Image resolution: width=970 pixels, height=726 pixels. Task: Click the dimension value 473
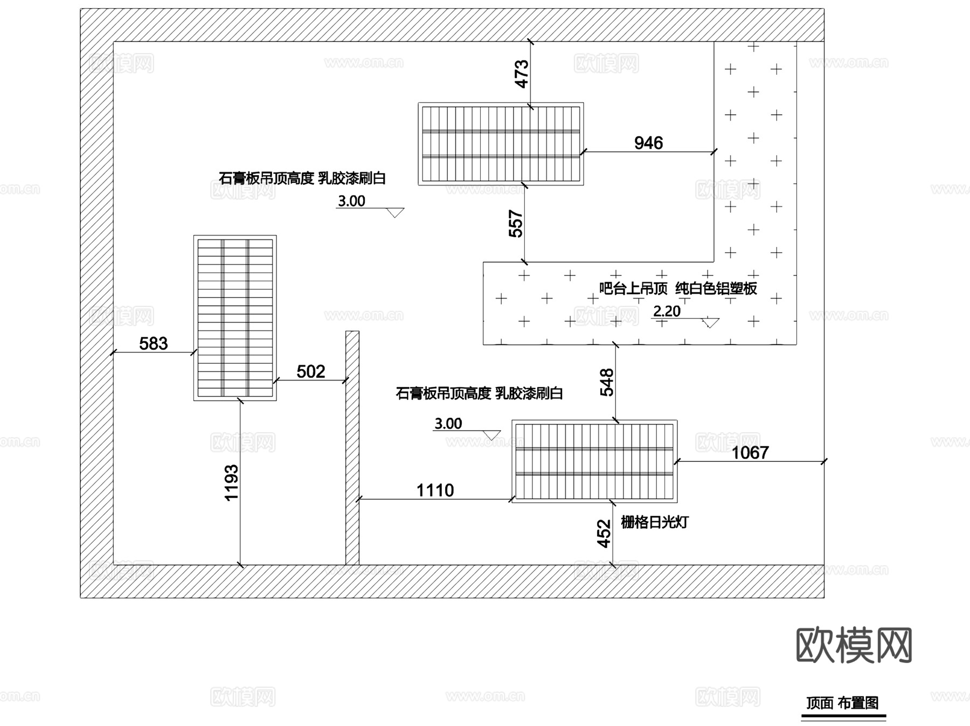coord(521,74)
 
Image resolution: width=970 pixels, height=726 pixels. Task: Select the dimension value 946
coord(648,143)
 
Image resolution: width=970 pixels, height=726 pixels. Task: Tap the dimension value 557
coord(516,224)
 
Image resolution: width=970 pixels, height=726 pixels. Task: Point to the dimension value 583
coord(153,343)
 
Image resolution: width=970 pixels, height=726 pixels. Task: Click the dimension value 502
coord(310,371)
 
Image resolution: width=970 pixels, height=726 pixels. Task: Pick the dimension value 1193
coord(231,483)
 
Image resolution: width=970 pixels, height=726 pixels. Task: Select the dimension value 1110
coord(435,490)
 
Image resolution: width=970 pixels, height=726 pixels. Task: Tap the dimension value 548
coord(607,382)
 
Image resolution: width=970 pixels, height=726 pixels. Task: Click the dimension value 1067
coord(750,453)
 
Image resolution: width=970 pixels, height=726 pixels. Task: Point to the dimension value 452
coord(604,534)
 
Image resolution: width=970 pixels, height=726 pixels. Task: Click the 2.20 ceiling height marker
coord(667,312)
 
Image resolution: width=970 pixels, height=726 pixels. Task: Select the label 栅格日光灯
coord(654,522)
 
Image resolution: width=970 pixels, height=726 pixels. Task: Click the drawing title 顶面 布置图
coord(842,703)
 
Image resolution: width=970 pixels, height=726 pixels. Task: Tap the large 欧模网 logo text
coord(854,645)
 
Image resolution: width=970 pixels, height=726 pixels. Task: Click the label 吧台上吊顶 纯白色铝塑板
coord(678,288)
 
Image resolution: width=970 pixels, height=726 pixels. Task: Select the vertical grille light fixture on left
coord(235,318)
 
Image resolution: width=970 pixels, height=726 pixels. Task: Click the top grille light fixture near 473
coord(501,144)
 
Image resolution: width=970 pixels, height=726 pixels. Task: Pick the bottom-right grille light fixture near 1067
coord(594,461)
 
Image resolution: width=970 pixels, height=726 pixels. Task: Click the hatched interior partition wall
coord(352,447)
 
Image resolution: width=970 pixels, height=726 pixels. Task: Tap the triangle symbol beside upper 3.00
coord(395,213)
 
